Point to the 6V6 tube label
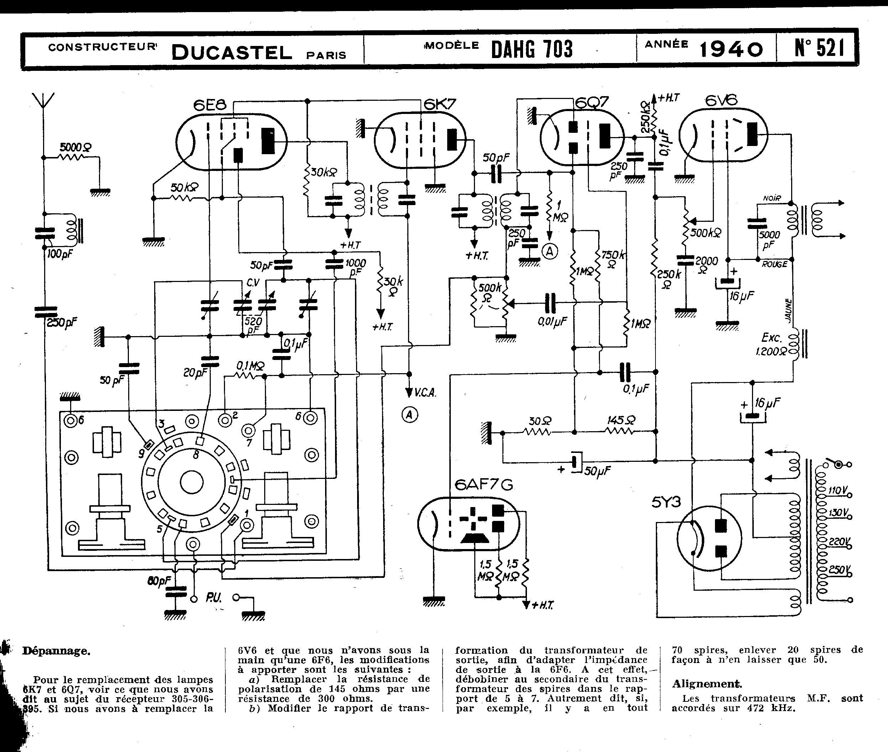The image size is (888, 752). [721, 101]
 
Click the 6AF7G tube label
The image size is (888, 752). [484, 485]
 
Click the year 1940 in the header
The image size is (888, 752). [731, 50]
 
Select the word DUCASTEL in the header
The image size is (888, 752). [232, 53]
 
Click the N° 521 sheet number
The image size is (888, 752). [819, 48]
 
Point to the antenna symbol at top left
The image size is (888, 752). [43, 102]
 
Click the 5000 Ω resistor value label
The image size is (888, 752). [75, 147]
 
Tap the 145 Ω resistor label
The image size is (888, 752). [621, 421]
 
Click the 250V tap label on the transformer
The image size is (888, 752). [839, 570]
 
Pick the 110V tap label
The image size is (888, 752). [838, 491]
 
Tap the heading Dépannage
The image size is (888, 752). [56, 651]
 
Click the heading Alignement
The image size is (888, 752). [707, 684]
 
